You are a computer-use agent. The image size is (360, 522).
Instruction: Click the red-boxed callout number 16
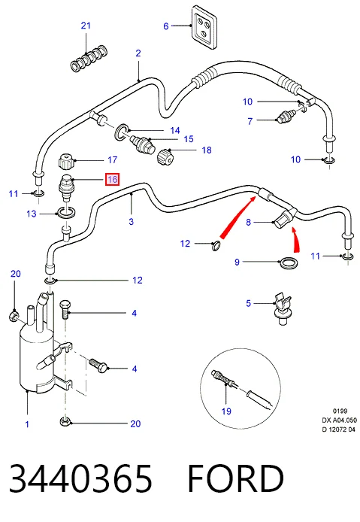click(113, 180)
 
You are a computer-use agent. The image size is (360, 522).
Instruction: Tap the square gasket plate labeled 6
click(204, 27)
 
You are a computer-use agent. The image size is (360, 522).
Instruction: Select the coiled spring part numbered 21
click(89, 59)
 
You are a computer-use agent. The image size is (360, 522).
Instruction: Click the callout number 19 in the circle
click(226, 411)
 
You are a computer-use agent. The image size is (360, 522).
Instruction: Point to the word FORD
click(235, 478)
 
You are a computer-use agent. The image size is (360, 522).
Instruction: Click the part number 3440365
click(80, 478)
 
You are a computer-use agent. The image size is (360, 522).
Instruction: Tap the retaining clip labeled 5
click(283, 308)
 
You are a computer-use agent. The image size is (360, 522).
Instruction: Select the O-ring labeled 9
click(288, 263)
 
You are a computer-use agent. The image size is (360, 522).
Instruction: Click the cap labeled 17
click(67, 161)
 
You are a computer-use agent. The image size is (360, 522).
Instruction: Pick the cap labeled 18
click(165, 156)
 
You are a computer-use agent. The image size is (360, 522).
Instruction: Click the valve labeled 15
click(142, 144)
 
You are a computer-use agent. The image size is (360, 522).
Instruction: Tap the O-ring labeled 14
click(122, 131)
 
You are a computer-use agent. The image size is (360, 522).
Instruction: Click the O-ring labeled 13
click(67, 213)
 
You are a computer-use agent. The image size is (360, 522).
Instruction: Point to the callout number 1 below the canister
click(27, 424)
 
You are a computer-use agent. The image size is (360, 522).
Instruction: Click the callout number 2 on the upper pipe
click(138, 53)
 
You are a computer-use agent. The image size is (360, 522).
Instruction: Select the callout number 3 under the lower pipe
click(131, 221)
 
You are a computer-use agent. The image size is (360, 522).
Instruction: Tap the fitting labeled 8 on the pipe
click(285, 217)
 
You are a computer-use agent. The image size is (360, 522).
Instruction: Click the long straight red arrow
click(237, 217)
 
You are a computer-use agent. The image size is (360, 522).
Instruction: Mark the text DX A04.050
click(339, 420)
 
